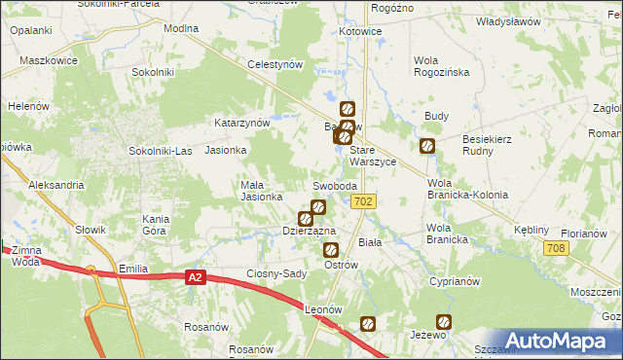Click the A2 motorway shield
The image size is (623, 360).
tap(196, 278)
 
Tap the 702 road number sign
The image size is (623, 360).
tap(363, 201)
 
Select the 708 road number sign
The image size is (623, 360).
tap(556, 250)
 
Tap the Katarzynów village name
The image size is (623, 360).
tap(241, 124)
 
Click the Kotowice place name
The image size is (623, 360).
tap(360, 31)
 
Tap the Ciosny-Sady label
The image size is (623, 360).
tap(277, 273)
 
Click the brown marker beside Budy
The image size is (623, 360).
tap(427, 147)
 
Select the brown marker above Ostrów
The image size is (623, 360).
tap(330, 250)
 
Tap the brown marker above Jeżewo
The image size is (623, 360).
tap(443, 321)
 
